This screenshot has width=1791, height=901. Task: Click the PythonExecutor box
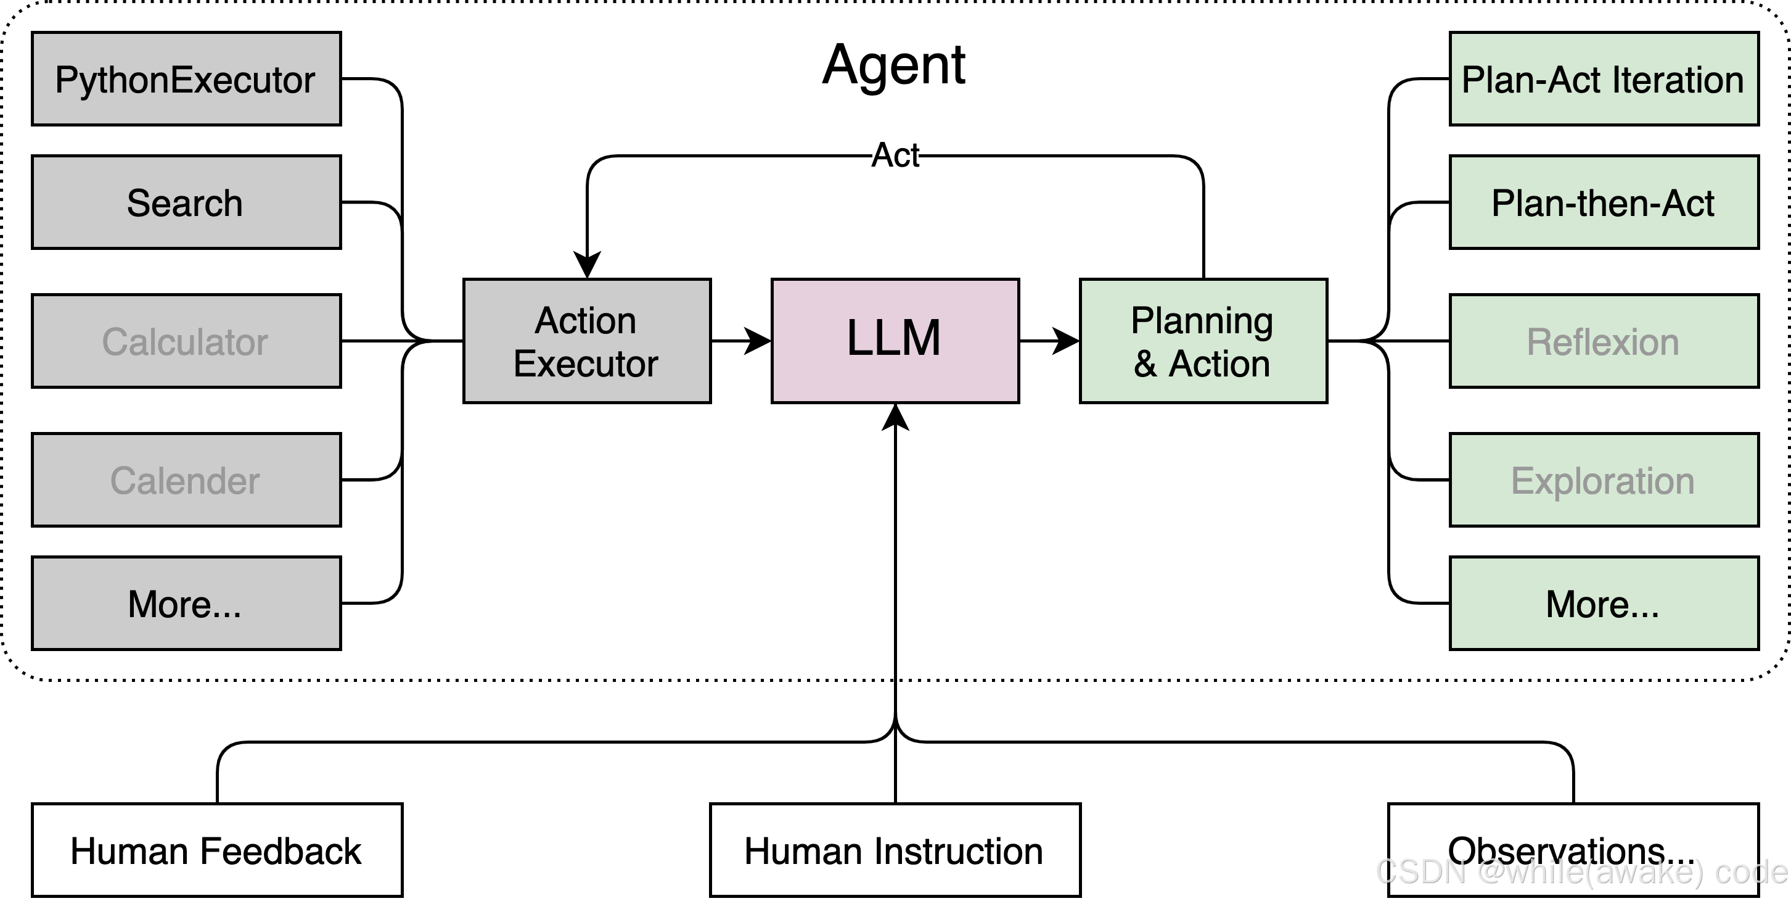pyautogui.click(x=186, y=78)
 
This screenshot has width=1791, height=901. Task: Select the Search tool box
pyautogui.click(x=186, y=202)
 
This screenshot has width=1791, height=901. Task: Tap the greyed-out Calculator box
pyautogui.click(x=186, y=341)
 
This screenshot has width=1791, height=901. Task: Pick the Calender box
pyautogui.click(x=186, y=480)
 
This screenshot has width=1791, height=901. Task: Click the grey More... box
pyautogui.click(x=186, y=602)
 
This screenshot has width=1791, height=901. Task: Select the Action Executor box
pyautogui.click(x=587, y=341)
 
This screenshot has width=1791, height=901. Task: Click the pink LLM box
pyautogui.click(x=895, y=341)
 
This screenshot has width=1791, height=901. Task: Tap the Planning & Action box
pyautogui.click(x=1203, y=341)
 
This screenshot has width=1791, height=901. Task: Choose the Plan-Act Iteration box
pyautogui.click(x=1604, y=78)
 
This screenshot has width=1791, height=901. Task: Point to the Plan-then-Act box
pyautogui.click(x=1604, y=202)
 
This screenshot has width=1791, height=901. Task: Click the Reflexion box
pyautogui.click(x=1604, y=341)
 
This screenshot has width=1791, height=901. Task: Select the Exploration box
pyautogui.click(x=1604, y=480)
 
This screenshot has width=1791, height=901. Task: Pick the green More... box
pyautogui.click(x=1604, y=602)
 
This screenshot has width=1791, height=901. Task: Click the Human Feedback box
pyautogui.click(x=217, y=850)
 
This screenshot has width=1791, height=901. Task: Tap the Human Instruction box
pyautogui.click(x=895, y=850)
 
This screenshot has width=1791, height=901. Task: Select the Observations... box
pyautogui.click(x=1573, y=850)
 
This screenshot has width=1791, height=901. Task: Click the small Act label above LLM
pyautogui.click(x=895, y=155)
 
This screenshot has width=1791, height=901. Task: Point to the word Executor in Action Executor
pyautogui.click(x=586, y=364)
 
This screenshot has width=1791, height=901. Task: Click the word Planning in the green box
pyautogui.click(x=1202, y=321)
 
